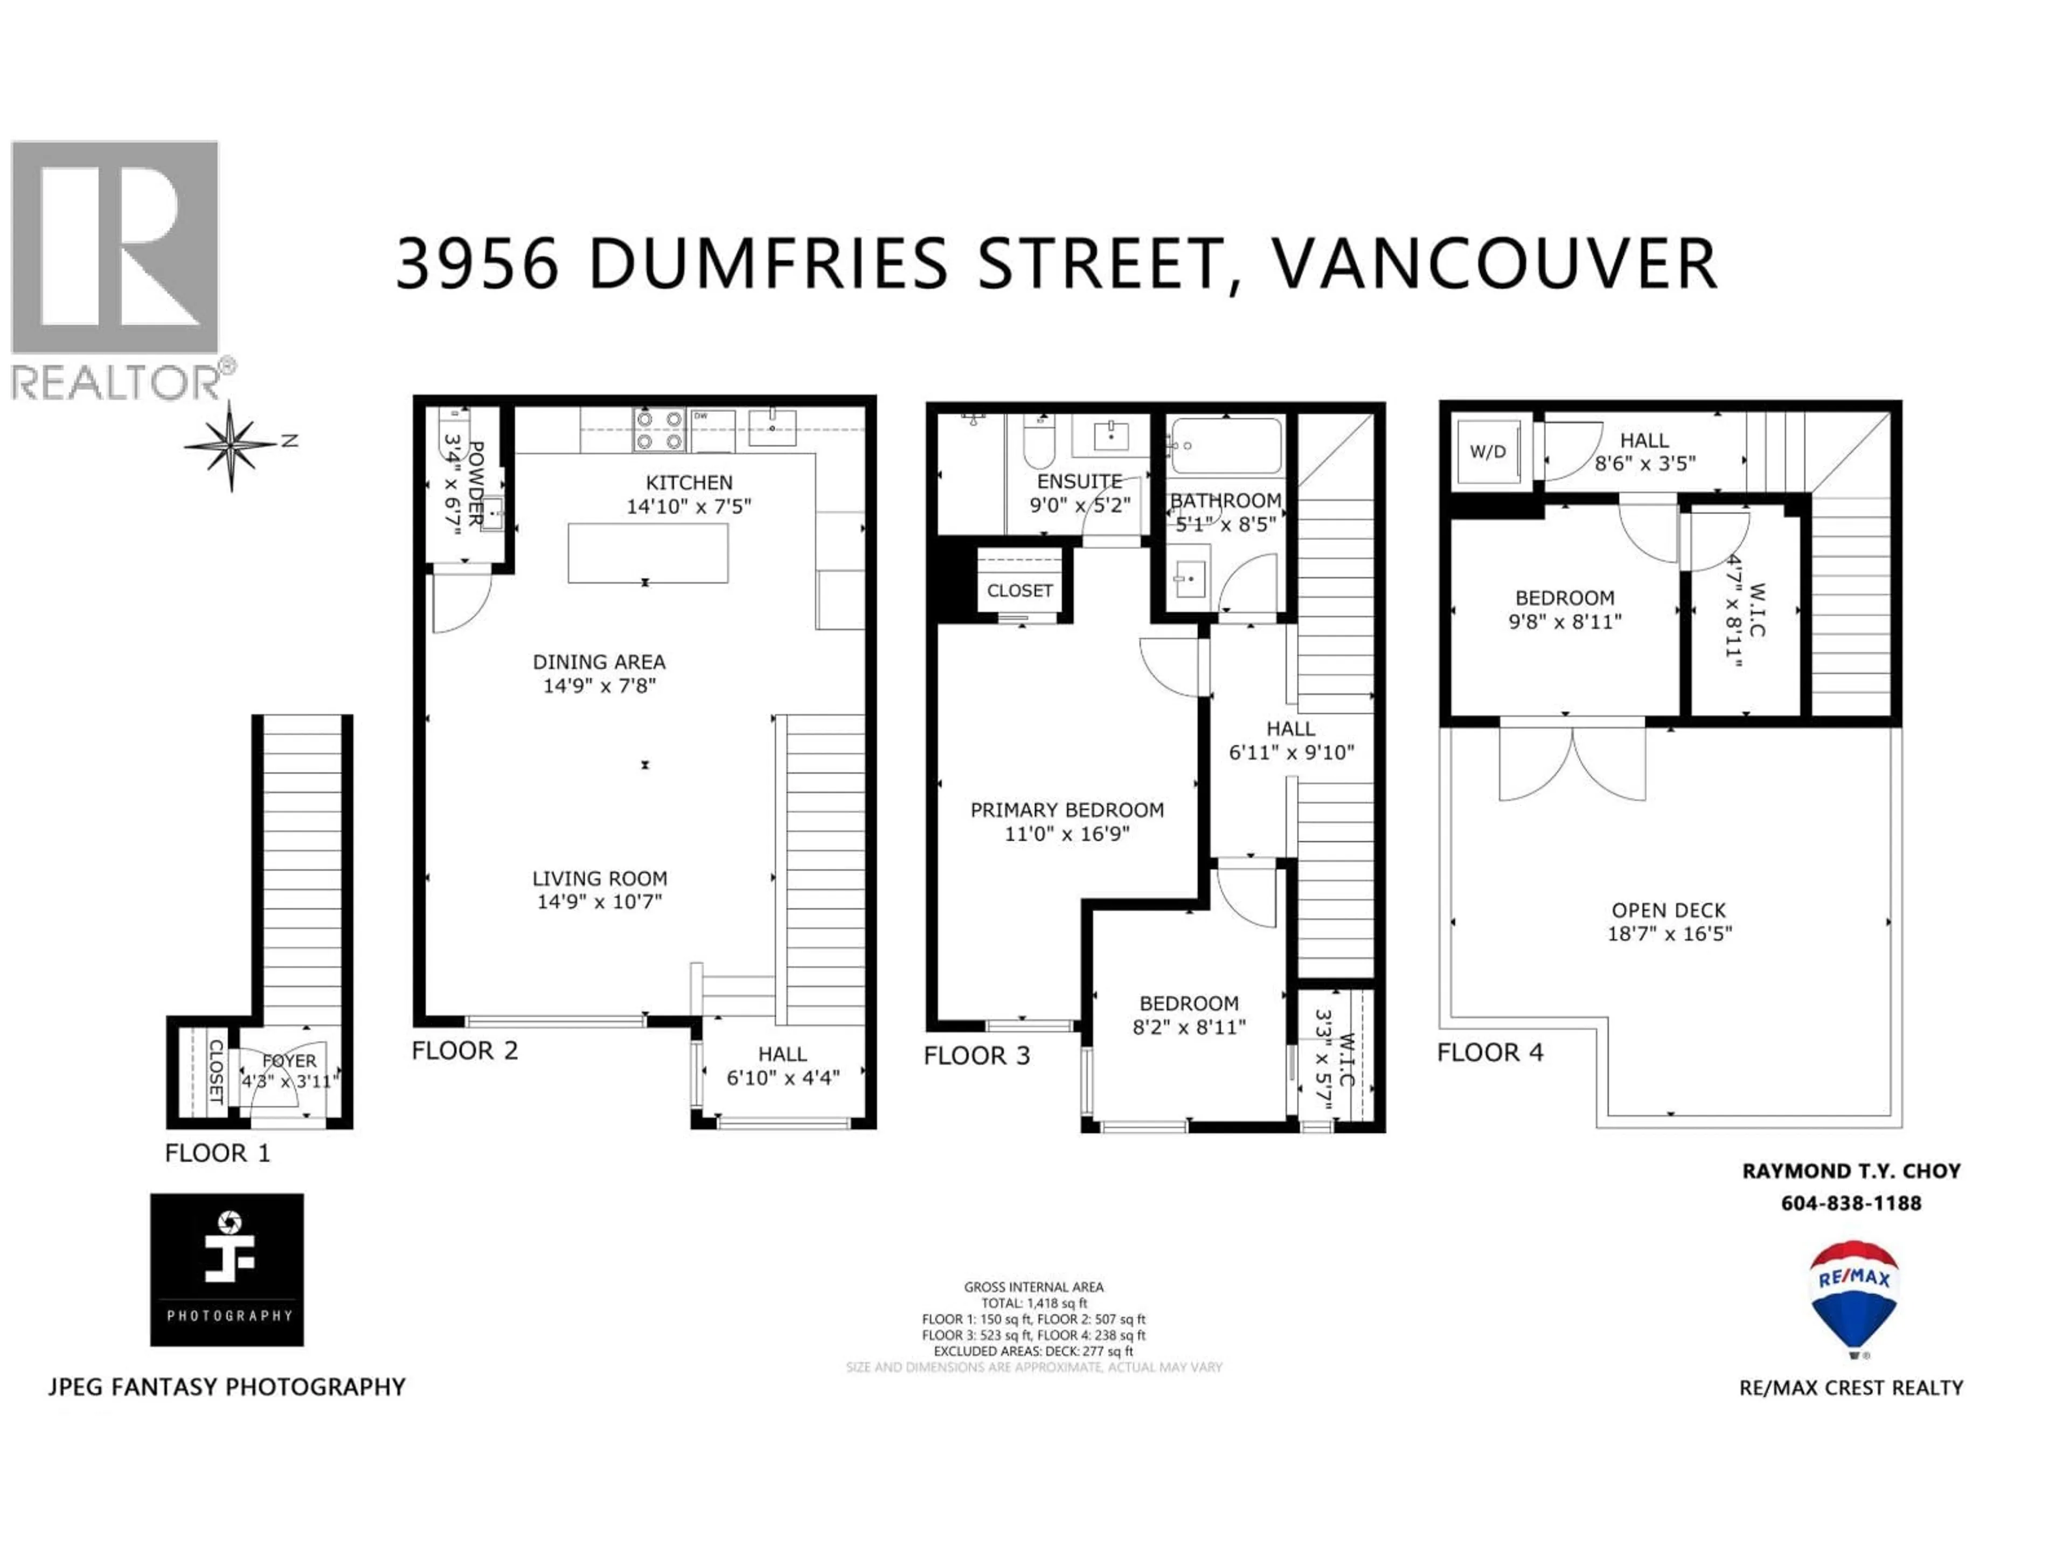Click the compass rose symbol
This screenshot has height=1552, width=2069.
(x=232, y=445)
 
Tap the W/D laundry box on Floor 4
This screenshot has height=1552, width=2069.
(x=1487, y=452)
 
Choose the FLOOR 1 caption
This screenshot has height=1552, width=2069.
(x=217, y=1153)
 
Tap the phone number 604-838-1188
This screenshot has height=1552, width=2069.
(x=1851, y=1203)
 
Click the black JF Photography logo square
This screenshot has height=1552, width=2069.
(x=227, y=1270)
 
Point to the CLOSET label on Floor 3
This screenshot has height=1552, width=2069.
(x=1019, y=590)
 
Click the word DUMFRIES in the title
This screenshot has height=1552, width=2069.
(x=767, y=264)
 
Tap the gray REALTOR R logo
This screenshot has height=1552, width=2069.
(x=115, y=248)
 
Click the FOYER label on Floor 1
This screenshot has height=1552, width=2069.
(x=289, y=1061)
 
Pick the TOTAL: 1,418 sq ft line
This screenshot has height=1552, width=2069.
(x=1033, y=1303)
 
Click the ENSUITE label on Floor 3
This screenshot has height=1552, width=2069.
(x=1079, y=481)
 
